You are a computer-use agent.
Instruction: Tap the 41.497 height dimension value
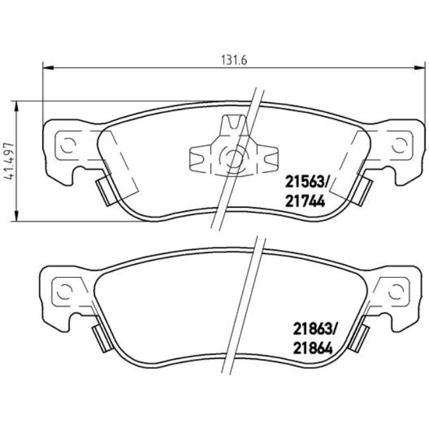pos(9,161)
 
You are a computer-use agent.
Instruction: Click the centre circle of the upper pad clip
pos(232,157)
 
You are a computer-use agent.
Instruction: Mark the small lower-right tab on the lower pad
pos(360,337)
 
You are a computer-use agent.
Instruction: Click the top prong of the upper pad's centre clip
pos(232,123)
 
